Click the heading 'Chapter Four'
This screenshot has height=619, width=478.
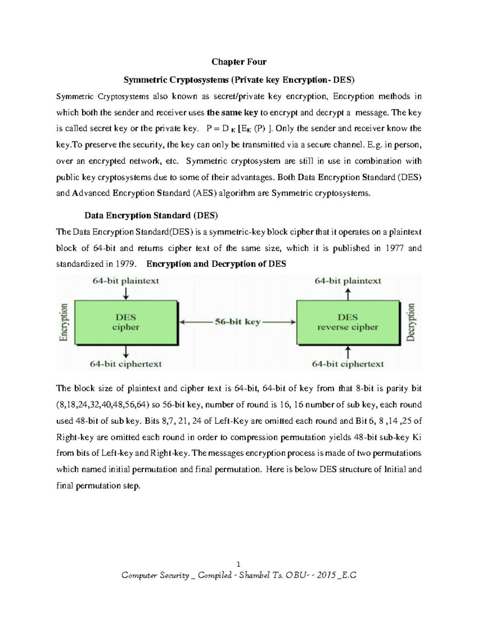pos(239,62)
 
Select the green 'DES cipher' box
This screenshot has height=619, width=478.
pos(126,322)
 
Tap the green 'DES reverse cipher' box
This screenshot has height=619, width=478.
pos(347,322)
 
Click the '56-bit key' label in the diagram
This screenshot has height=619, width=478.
pos(237,322)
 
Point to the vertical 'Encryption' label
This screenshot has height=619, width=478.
pos(64,322)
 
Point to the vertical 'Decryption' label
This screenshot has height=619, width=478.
pos(411,322)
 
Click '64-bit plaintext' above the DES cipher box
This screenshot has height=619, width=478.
pos(126,281)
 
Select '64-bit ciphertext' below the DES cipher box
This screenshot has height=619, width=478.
pos(126,364)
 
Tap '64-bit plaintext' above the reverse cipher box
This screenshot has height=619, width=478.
pos(348,281)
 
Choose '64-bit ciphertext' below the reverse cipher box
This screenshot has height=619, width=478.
pos(348,364)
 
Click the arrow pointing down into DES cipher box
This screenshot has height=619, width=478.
pos(126,293)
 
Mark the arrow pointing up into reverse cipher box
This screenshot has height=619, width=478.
pos(348,352)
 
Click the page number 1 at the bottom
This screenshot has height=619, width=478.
pos(239,564)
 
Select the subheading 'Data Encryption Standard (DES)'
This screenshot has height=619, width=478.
pos(151,216)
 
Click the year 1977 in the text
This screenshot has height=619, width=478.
pos(394,248)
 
